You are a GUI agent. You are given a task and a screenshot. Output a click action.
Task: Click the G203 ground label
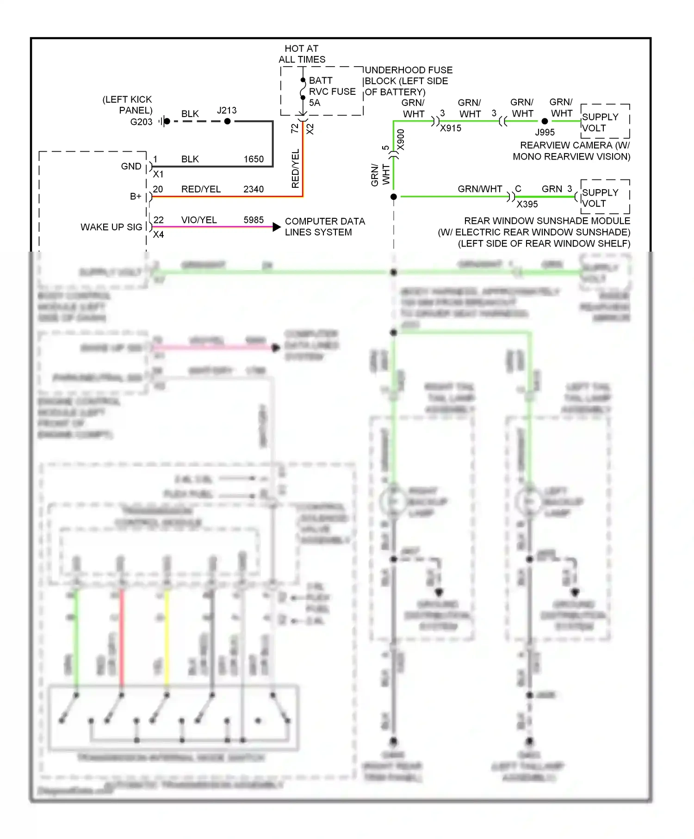point(141,122)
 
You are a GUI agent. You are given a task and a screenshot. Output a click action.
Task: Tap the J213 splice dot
point(227,121)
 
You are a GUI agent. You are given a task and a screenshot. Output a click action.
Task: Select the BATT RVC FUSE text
point(332,86)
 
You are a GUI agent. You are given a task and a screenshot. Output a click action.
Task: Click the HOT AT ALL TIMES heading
point(302,54)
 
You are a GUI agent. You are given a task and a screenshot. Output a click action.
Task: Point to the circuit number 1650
point(254,159)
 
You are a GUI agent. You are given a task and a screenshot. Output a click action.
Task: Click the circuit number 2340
point(254,189)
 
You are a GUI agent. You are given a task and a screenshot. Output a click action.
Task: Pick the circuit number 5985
point(254,220)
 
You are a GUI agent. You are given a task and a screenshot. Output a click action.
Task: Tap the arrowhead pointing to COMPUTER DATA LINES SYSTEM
point(277,227)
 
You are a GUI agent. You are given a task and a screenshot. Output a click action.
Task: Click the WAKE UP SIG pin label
point(111,227)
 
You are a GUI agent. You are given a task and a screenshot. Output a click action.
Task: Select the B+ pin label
point(136,197)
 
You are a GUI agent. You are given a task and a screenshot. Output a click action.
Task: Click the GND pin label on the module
point(131,167)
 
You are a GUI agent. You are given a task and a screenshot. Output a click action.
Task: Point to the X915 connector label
point(450,129)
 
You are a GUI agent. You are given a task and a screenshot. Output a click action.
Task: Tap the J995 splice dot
point(545,121)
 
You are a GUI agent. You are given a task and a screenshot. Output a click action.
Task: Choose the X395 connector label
point(527,204)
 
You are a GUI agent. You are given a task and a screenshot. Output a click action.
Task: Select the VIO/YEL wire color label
point(199,220)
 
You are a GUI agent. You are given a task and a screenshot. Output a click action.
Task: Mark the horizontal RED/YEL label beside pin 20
point(201,189)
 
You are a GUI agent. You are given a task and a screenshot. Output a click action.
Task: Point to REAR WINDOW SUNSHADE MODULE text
point(547,221)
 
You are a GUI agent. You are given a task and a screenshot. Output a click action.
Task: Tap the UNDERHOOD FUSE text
point(409,70)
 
